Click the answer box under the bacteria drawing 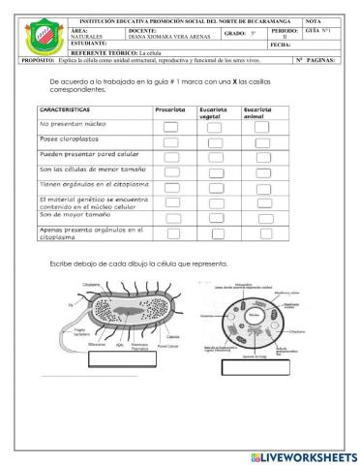click(x=122, y=363)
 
